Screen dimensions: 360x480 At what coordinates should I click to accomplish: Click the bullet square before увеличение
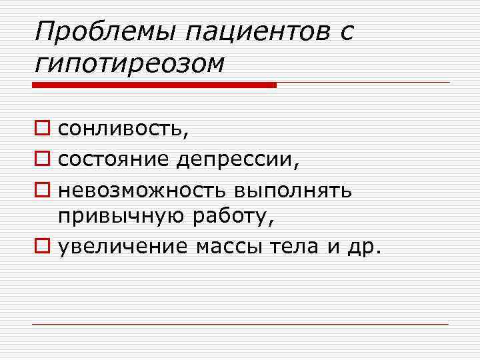click(x=43, y=247)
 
